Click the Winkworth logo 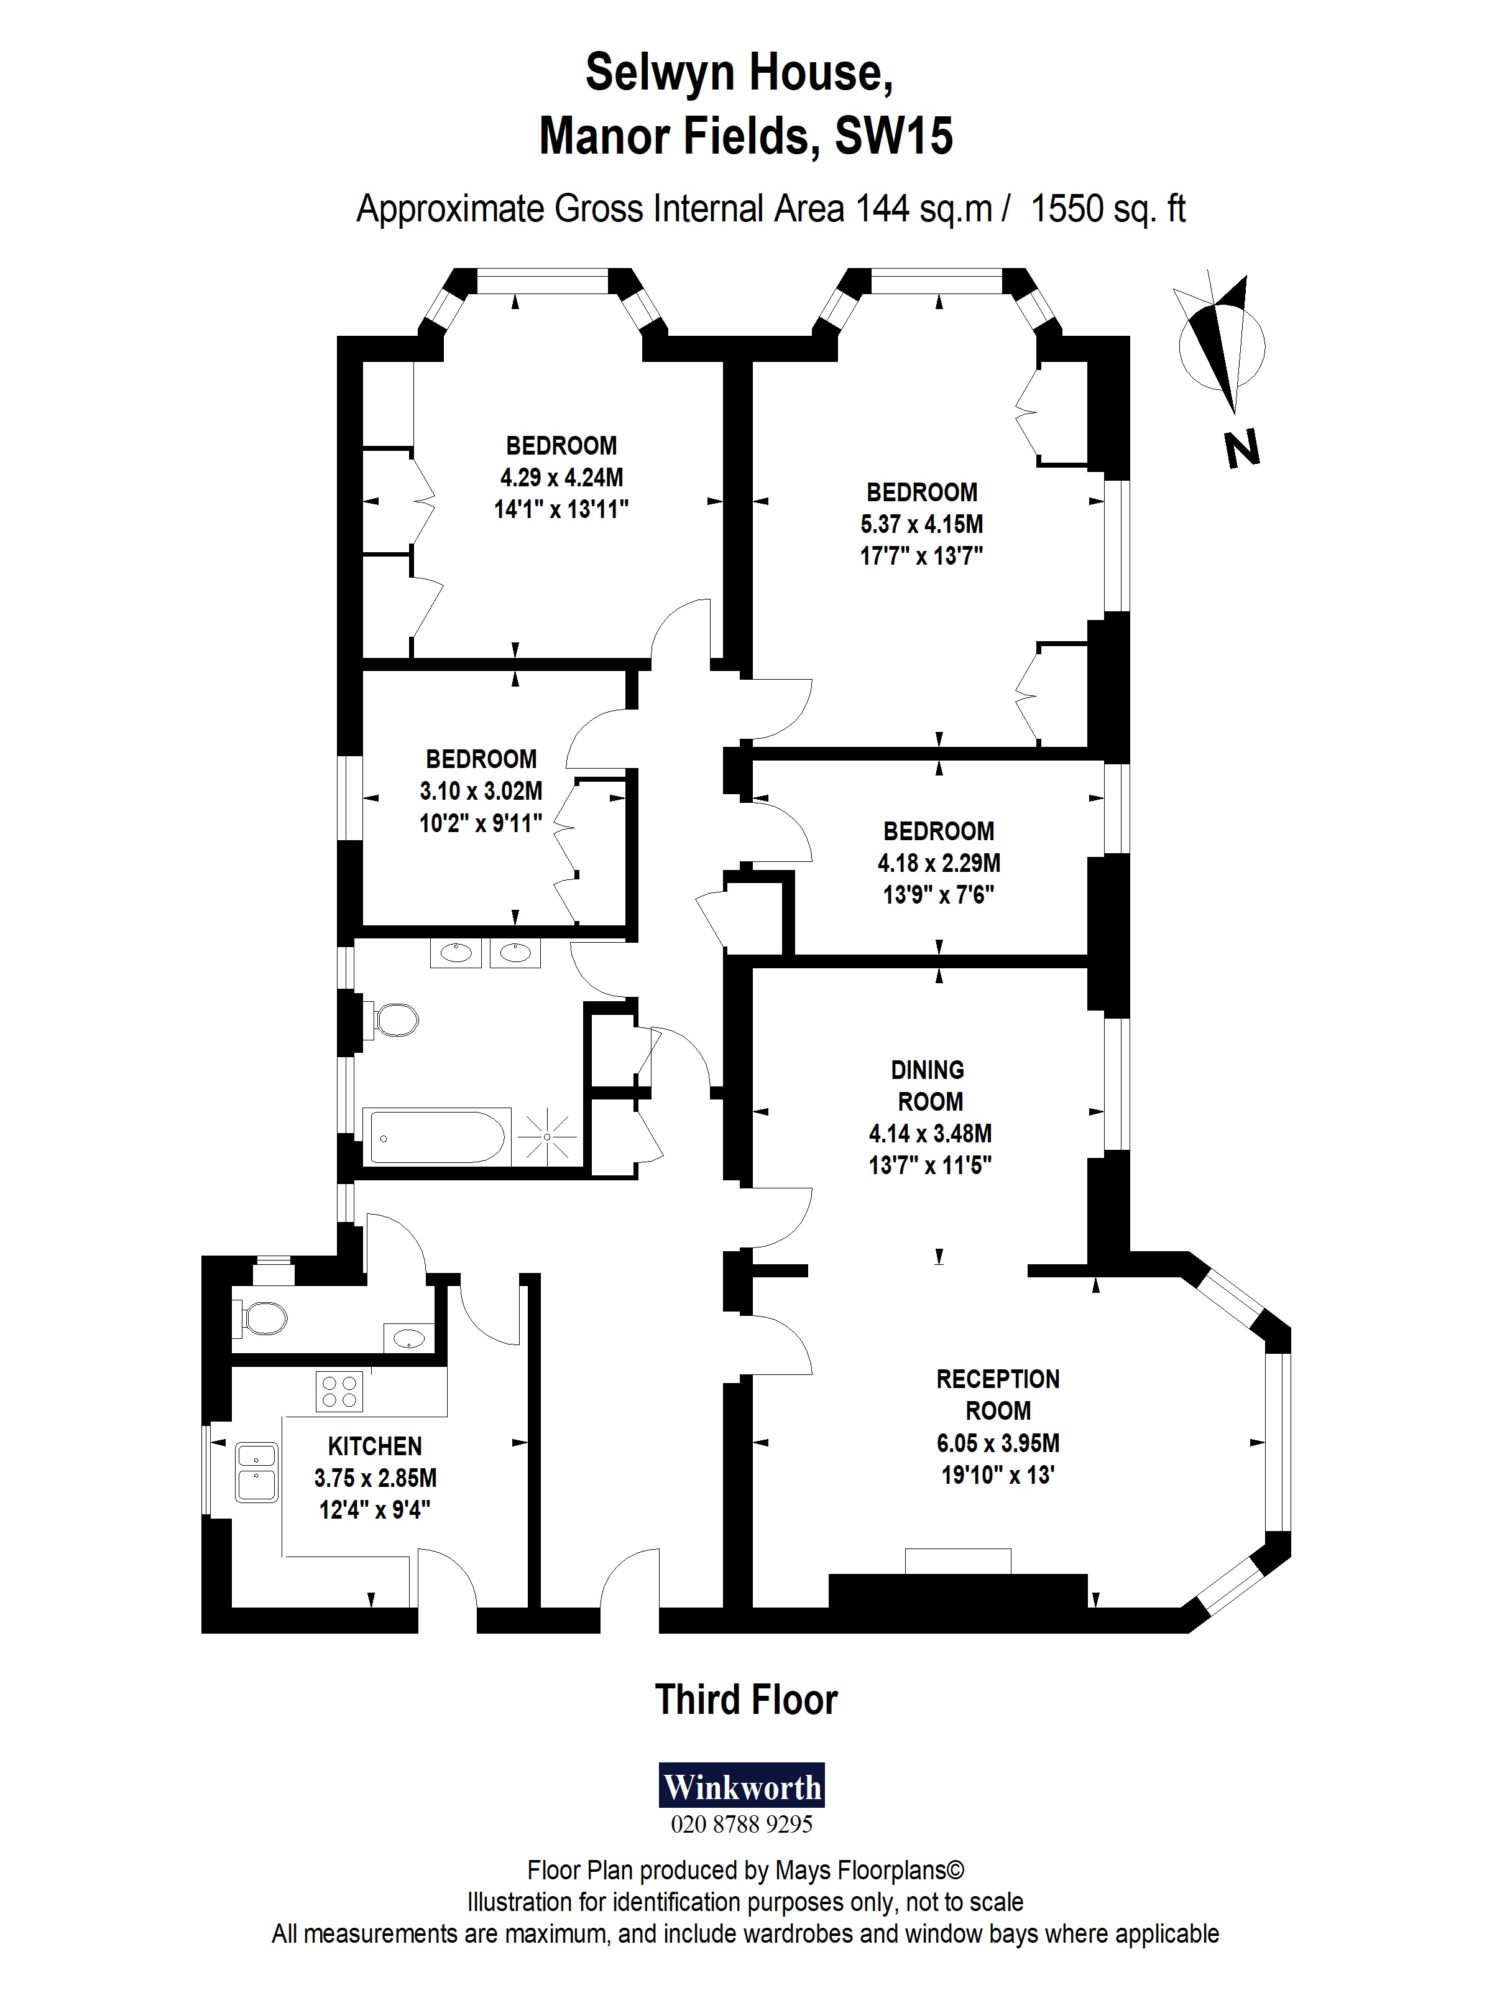[742, 1786]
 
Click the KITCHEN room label [374, 1446]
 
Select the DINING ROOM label [928, 1085]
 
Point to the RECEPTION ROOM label [997, 1394]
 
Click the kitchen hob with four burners [339, 1390]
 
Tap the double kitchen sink [256, 1472]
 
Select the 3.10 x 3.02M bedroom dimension [481, 791]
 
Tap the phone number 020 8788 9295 [741, 1825]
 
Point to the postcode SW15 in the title [893, 137]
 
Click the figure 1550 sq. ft [1107, 209]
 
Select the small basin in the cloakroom [409, 1337]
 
